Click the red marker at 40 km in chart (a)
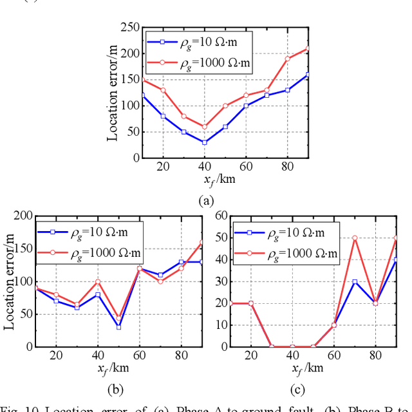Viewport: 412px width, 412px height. pyautogui.click(x=205, y=127)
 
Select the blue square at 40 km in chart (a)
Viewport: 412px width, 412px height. pyautogui.click(x=205, y=142)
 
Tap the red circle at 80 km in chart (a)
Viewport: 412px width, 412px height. pyautogui.click(x=288, y=59)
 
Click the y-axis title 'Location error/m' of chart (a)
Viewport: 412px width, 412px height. pyautogui.click(x=113, y=92)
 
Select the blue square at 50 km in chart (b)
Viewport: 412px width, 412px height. pyautogui.click(x=118, y=326)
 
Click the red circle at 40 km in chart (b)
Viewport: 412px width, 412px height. pyautogui.click(x=98, y=281)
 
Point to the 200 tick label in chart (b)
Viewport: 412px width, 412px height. pyautogui.click(x=23, y=216)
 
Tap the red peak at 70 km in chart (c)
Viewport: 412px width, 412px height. pyautogui.click(x=354, y=238)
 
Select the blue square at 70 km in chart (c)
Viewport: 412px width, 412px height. pyautogui.click(x=354, y=281)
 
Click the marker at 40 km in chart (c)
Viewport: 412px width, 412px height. pyautogui.click(x=292, y=346)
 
